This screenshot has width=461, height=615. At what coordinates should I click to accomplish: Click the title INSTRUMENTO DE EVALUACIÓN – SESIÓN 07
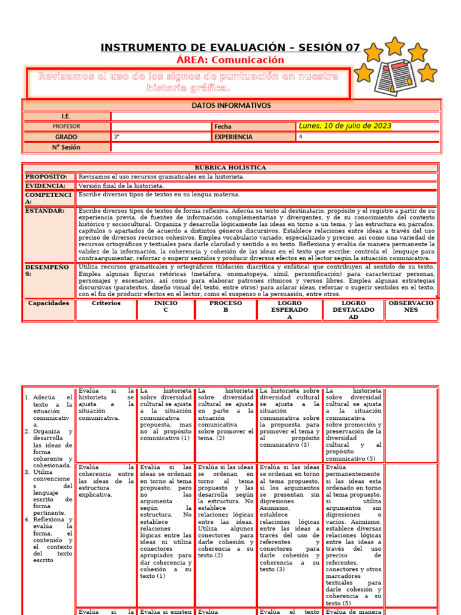[x=230, y=47]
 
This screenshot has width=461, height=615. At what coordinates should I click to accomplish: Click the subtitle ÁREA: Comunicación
[x=230, y=60]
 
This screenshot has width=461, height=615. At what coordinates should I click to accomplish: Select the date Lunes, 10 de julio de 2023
[x=345, y=126]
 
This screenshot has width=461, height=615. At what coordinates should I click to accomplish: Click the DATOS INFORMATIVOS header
[x=231, y=106]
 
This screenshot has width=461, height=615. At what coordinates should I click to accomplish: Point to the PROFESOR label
[x=66, y=127]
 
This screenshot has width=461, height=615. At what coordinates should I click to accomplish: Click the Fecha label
[x=223, y=127]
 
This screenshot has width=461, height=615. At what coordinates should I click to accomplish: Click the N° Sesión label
[x=66, y=147]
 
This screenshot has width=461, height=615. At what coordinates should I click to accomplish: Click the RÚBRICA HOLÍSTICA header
[x=230, y=168]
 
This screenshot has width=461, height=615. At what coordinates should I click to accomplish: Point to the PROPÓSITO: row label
[x=46, y=177]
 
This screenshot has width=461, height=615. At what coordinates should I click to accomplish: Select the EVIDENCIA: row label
[x=45, y=186]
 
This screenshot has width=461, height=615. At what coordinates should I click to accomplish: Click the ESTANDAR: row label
[x=44, y=211]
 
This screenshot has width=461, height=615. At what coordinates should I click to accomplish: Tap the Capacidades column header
[x=49, y=303]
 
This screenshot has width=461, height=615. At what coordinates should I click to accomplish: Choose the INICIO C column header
[x=166, y=306]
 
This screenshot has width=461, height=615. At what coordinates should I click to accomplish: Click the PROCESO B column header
[x=225, y=306]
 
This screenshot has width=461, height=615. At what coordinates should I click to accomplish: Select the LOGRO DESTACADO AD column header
[x=354, y=310]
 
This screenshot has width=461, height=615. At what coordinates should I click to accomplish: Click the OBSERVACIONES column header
[x=411, y=306]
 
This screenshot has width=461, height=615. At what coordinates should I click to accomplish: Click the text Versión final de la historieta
[x=121, y=186]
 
